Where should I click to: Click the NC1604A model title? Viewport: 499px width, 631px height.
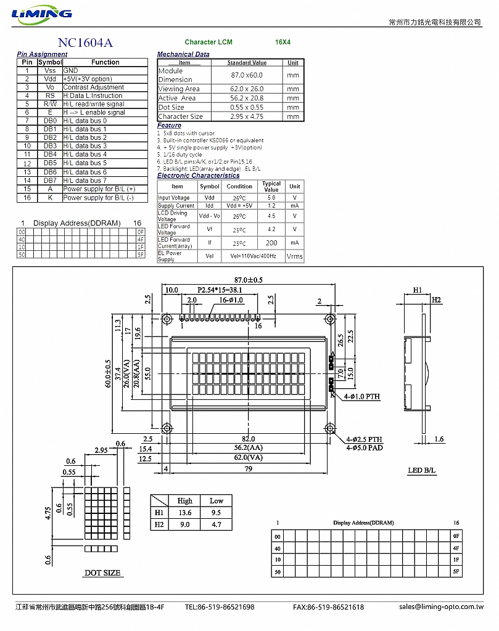coord(85,43)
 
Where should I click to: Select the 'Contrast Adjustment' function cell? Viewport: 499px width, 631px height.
coord(93,88)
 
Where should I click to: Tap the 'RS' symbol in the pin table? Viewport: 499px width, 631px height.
coord(50,96)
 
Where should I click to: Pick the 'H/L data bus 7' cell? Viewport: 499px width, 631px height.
coord(85,181)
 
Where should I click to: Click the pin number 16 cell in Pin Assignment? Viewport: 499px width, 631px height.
coord(27,198)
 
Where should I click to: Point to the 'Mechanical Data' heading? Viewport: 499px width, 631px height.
coord(183,54)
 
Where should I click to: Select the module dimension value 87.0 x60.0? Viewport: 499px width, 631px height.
coord(247,75)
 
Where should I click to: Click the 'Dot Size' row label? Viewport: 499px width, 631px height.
coord(171,107)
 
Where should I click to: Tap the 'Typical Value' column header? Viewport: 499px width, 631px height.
coord(271,186)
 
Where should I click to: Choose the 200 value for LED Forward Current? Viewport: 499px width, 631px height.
coord(271,243)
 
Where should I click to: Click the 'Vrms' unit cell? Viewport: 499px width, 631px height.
coord(295,256)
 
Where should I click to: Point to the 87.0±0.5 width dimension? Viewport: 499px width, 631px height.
coord(247,280)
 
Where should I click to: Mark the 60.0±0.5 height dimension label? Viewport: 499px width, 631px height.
coord(108,373)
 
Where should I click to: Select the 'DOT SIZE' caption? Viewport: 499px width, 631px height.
coord(102,572)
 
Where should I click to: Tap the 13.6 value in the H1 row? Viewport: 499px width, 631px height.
coord(184,513)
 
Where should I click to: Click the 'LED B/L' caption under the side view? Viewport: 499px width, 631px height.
coord(422,471)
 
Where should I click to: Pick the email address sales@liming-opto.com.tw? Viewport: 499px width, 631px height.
coord(441,607)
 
